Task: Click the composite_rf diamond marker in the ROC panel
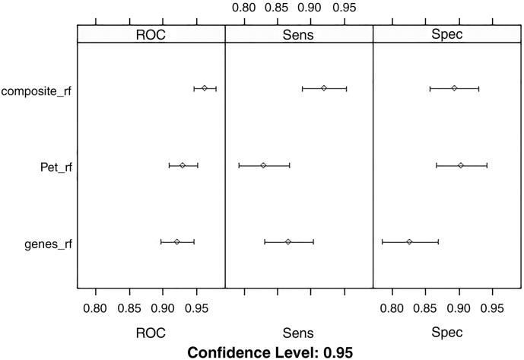(205, 88)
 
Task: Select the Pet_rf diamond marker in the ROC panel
(183, 165)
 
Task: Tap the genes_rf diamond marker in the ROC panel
(177, 242)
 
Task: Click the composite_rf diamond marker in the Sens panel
(323, 88)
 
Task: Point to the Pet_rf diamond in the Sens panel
(263, 165)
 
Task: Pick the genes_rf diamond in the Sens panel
(288, 242)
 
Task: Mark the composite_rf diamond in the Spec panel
(454, 88)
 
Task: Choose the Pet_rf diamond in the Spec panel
(460, 165)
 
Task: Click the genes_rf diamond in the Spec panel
(409, 242)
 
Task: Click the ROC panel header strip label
(151, 34)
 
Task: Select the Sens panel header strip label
(299, 34)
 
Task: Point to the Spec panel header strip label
(447, 34)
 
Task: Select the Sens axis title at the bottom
(298, 333)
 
